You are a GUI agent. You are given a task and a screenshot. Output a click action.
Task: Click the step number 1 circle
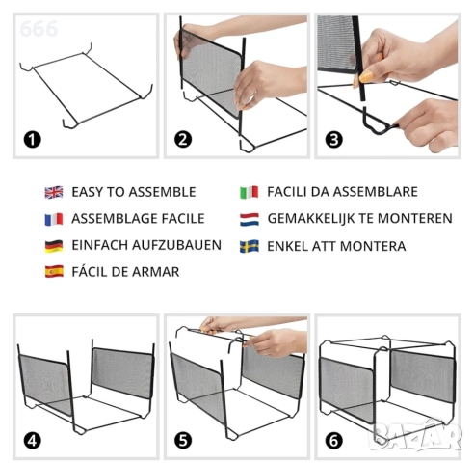pyautogui.click(x=33, y=140)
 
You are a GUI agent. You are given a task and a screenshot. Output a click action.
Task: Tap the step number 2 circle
pyautogui.click(x=183, y=140)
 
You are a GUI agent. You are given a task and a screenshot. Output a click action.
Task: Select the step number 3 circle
pyautogui.click(x=334, y=140)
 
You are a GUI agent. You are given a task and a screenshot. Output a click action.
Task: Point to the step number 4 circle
pyautogui.click(x=33, y=441)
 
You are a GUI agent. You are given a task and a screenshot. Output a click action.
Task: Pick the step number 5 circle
pyautogui.click(x=183, y=441)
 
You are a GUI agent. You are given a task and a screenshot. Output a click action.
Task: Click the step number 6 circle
pyautogui.click(x=334, y=441)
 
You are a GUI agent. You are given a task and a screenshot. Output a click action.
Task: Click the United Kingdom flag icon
pyautogui.click(x=54, y=192)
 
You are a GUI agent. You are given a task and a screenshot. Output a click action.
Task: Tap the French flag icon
pyautogui.click(x=54, y=219)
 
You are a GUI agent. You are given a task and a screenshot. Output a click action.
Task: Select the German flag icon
pyautogui.click(x=54, y=246)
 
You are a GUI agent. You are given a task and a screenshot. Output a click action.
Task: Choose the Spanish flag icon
pyautogui.click(x=54, y=272)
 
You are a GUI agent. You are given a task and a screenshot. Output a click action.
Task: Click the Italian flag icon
pyautogui.click(x=250, y=192)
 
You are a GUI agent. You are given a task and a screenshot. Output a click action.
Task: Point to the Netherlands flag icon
pyautogui.click(x=250, y=219)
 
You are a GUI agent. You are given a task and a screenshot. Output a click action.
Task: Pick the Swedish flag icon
pyautogui.click(x=250, y=246)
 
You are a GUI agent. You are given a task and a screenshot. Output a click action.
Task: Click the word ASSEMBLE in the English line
pyautogui.click(x=162, y=192)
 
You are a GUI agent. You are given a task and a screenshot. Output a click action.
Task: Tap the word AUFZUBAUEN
pyautogui.click(x=176, y=245)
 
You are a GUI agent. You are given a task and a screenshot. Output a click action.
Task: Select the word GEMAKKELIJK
pyautogui.click(x=310, y=219)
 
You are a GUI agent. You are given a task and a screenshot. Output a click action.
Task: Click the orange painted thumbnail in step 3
pyautogui.click(x=366, y=76)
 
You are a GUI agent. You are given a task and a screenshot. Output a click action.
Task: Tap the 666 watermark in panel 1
pyautogui.click(x=39, y=29)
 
